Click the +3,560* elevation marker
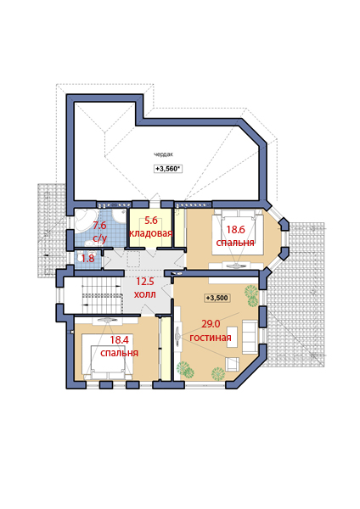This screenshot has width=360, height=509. [167, 169]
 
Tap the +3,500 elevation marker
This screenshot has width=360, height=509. [217, 298]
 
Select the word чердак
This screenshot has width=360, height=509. [163, 155]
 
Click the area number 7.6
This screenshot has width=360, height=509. [99, 225]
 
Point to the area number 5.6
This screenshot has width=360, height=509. [151, 221]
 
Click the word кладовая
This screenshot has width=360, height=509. [151, 233]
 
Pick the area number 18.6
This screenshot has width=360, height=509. [235, 230]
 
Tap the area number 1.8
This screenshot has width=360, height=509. [87, 259]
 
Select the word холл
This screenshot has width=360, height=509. [145, 294]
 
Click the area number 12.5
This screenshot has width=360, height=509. [145, 282]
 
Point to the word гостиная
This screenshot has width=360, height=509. [211, 338]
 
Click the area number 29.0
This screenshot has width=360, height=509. [211, 324]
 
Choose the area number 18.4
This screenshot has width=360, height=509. [119, 340]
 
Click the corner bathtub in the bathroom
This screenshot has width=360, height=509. [83, 221]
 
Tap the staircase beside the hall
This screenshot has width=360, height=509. [102, 295]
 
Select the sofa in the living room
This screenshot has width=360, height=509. [250, 337]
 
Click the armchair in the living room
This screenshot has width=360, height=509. [233, 364]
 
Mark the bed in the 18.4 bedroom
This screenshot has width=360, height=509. [107, 357]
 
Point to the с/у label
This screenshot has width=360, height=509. [99, 238]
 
